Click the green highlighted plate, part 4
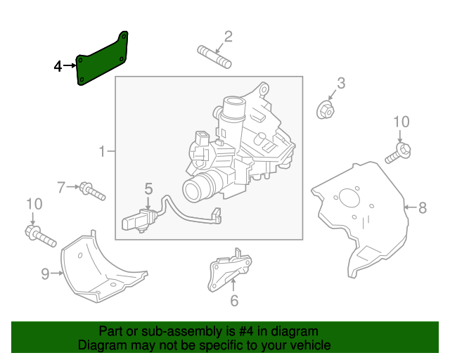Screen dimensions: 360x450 click(103, 61)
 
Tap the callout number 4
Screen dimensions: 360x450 click(58, 67)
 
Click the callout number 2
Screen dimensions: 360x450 click(228, 37)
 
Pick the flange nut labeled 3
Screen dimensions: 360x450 click(326, 109)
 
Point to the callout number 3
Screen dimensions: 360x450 click(340, 84)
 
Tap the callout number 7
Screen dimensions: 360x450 click(61, 187)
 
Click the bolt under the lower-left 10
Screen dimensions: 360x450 click(41, 236)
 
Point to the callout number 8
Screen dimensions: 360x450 click(422, 207)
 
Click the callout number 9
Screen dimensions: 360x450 click(45, 274)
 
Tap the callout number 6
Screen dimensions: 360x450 click(234, 302)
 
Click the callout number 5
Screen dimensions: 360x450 click(148, 188)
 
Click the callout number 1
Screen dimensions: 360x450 click(102, 151)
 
